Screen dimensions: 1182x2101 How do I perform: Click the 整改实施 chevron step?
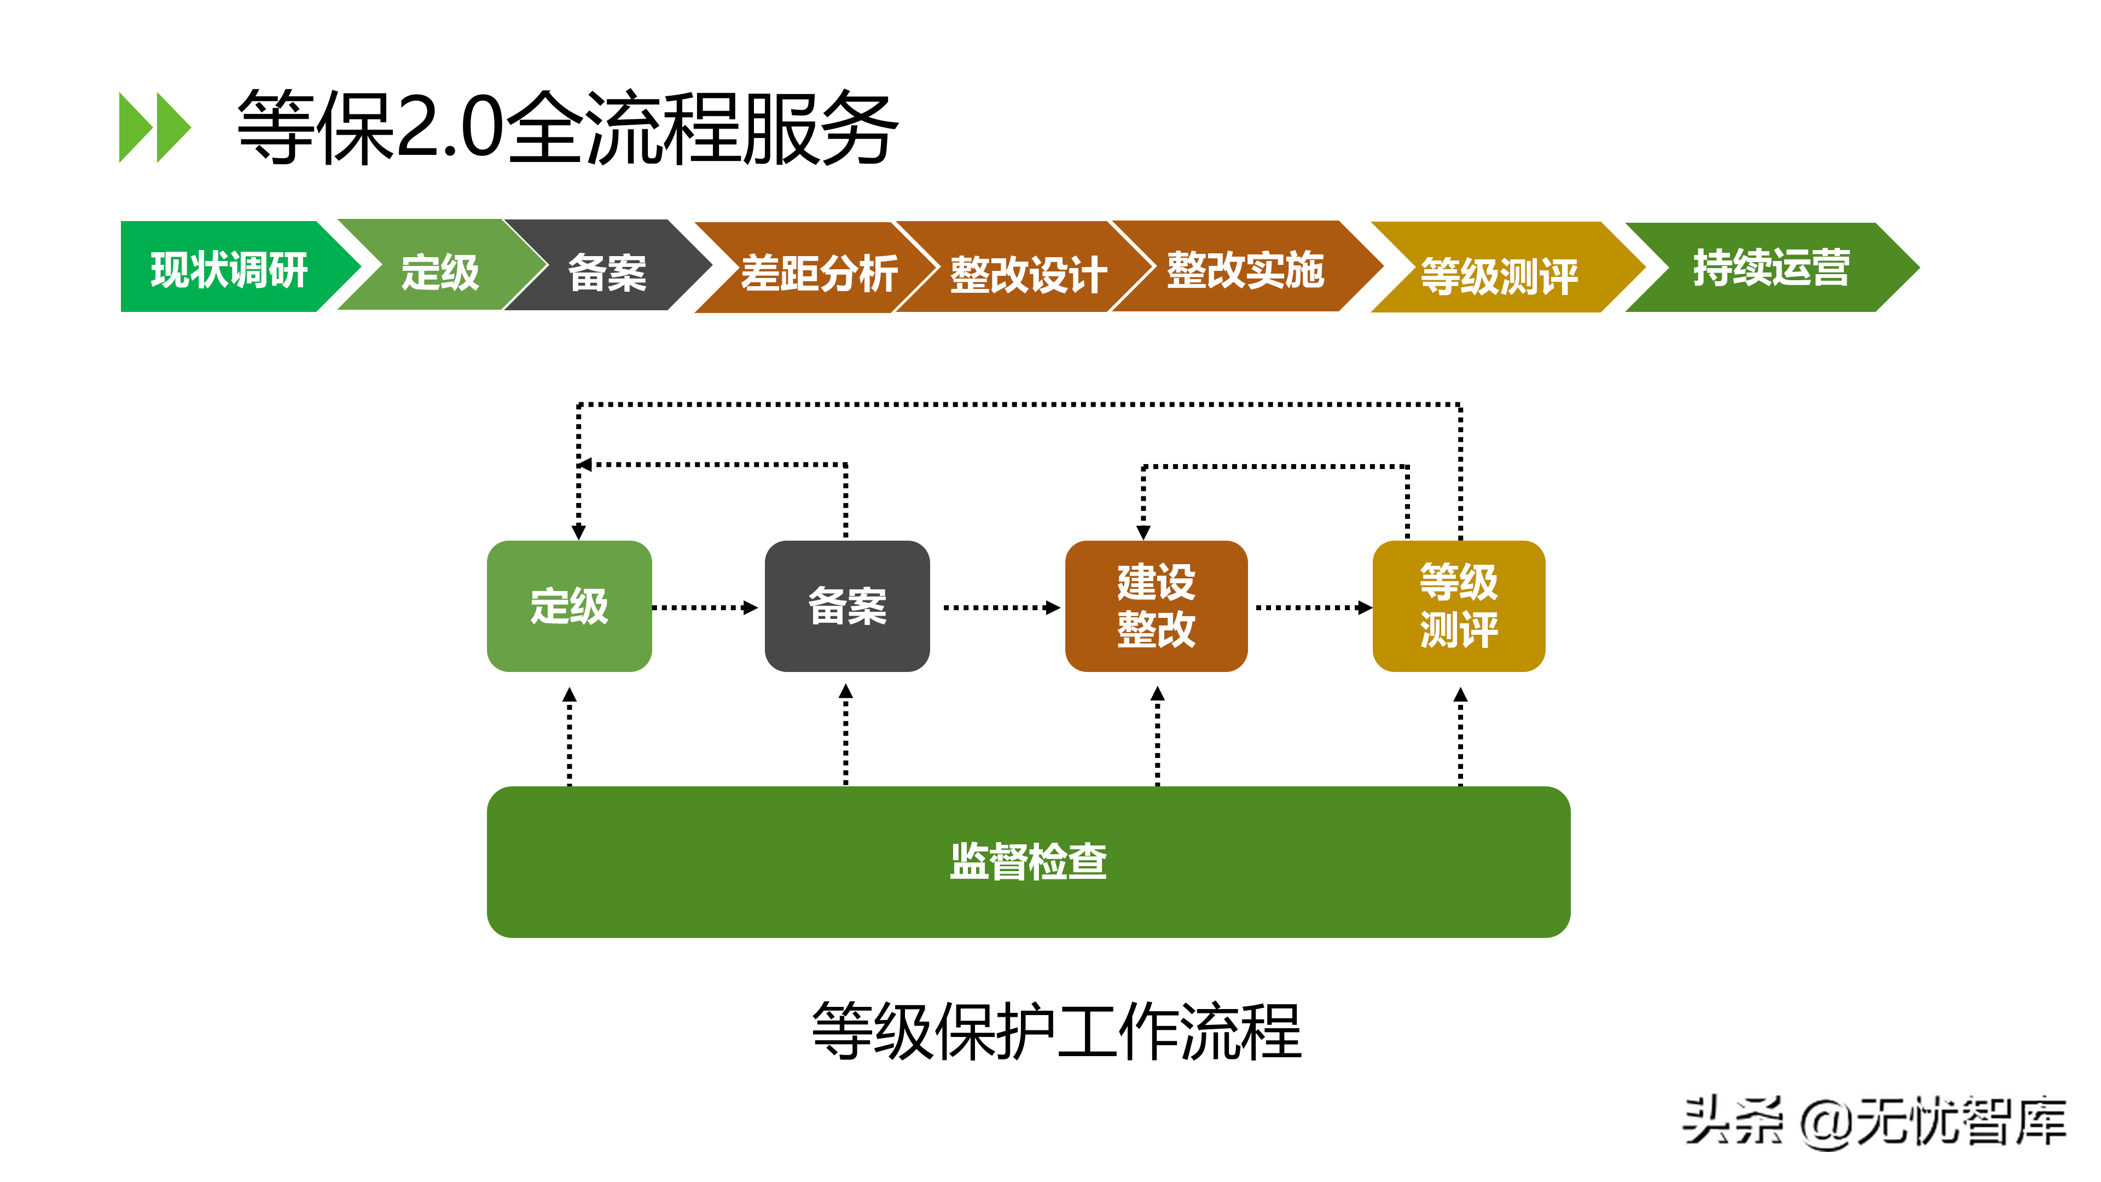coord(1244,268)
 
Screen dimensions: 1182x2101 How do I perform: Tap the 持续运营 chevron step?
coord(1771,268)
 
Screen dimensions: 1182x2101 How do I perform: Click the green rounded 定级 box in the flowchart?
coord(569,606)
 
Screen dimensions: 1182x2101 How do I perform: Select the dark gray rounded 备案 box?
coord(846,606)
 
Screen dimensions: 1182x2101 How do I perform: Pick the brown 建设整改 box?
coord(1156,606)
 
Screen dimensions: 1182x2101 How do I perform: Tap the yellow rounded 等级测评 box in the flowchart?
coord(1458,606)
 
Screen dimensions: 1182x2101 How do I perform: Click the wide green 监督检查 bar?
coord(1028,861)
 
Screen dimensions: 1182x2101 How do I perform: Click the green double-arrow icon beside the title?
coord(154,128)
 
